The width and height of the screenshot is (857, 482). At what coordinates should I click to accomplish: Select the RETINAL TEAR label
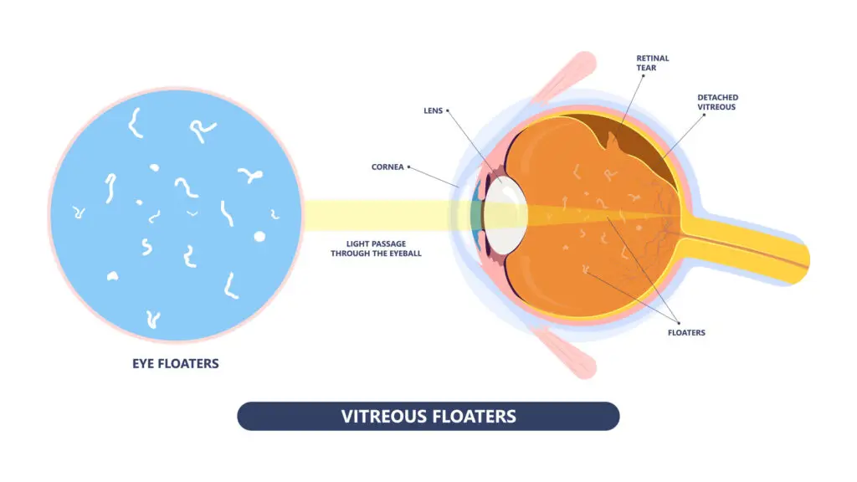653,64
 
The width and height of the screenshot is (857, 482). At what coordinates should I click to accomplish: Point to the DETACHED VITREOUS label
717,103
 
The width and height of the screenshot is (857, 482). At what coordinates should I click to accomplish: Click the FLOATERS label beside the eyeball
686,333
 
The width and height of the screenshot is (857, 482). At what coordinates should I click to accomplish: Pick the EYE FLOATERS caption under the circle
175,364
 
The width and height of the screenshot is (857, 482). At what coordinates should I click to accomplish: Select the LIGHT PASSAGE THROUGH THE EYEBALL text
376,248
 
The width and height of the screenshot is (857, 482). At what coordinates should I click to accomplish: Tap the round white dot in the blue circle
259,236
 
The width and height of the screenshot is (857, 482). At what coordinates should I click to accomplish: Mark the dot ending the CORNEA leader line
408,167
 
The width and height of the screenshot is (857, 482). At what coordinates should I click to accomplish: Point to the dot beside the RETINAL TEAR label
644,76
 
